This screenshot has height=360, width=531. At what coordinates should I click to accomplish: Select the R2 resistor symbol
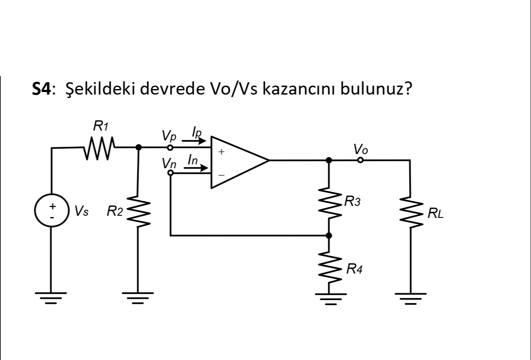tap(138, 211)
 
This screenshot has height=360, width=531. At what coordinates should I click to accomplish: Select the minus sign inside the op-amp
tap(221, 175)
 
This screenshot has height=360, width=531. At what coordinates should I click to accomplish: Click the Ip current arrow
tap(196, 140)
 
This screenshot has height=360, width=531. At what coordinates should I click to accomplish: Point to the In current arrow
tap(196, 167)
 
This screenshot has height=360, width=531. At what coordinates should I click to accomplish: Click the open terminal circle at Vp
tap(170, 148)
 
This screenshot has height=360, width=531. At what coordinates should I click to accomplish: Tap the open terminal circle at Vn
tap(170, 173)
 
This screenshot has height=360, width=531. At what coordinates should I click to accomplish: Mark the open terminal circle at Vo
tap(360, 160)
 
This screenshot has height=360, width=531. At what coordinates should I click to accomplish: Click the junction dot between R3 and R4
tap(329, 235)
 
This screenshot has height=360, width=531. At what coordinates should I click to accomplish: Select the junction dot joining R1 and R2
tap(138, 147)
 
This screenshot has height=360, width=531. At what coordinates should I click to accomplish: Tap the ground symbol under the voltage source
tap(51, 297)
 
